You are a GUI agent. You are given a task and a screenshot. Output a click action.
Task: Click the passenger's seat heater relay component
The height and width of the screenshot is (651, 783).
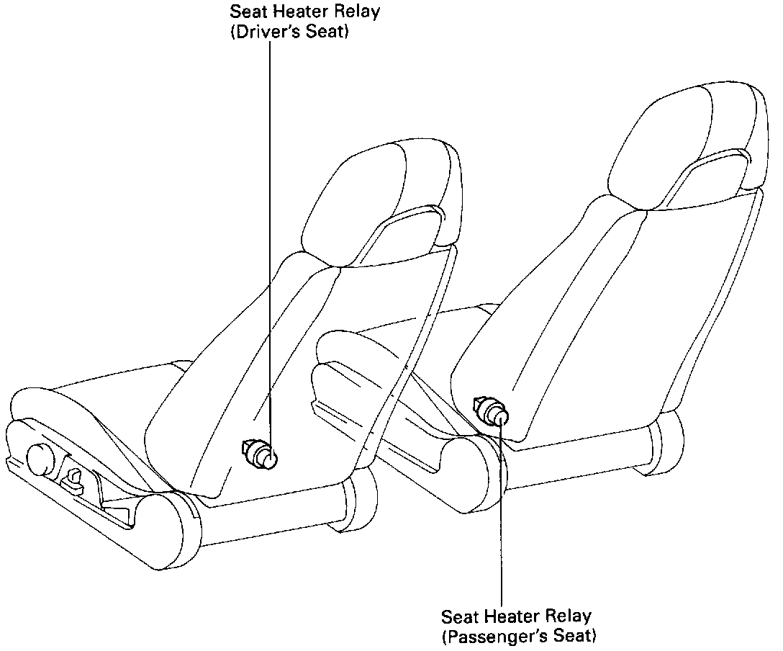[x=492, y=412]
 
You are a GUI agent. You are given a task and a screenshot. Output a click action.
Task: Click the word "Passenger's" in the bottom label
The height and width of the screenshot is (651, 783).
[x=490, y=637]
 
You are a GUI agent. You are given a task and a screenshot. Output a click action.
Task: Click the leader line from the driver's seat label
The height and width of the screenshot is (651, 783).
[x=271, y=216]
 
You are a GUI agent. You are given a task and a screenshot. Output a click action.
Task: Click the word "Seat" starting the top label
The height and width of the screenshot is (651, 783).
[x=245, y=13]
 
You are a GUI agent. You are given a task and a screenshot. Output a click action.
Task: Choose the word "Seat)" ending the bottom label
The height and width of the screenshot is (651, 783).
[x=576, y=637]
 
